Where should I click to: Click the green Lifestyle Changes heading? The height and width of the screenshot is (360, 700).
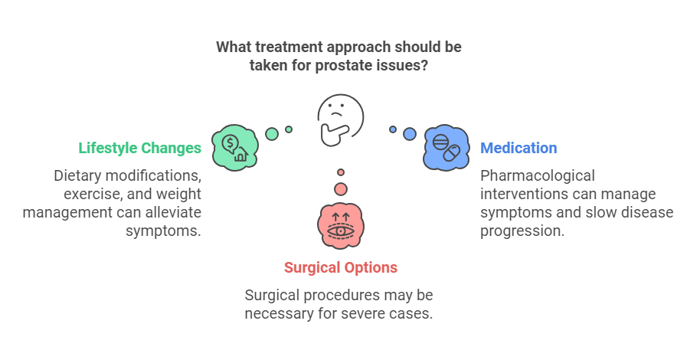[139, 148]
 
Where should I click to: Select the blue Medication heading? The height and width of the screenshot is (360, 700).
[518, 148]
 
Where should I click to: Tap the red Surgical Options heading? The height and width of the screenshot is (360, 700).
[341, 267]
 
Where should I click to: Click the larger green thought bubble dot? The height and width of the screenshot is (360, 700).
[272, 134]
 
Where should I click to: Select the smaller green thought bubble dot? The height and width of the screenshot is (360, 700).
[289, 129]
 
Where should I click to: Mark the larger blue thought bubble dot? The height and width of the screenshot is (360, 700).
[410, 134]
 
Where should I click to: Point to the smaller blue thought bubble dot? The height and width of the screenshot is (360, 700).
[393, 129]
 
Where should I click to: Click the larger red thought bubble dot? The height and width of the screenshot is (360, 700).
[341, 188]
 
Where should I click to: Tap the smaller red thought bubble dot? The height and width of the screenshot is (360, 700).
[341, 172]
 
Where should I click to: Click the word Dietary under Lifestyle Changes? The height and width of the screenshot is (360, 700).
[80, 175]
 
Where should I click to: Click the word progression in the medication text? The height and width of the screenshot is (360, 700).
[522, 231]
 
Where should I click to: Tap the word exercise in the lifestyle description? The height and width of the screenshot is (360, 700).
[89, 194]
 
